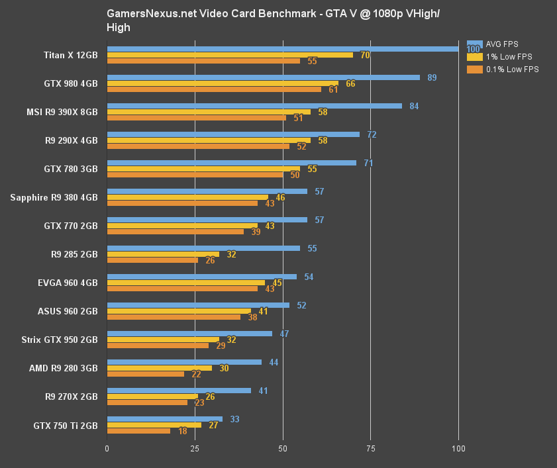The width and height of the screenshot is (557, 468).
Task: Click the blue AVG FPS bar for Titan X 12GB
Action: click(x=283, y=48)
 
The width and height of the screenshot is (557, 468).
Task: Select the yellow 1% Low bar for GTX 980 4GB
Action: click(x=223, y=83)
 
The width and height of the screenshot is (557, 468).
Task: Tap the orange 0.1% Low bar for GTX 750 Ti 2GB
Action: click(x=138, y=431)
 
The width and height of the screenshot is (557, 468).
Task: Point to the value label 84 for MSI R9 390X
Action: click(x=414, y=106)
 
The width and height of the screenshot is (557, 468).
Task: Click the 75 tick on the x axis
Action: click(x=370, y=448)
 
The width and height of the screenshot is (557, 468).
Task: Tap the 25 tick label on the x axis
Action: click(x=195, y=448)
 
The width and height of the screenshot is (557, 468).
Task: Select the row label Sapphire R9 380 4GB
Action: click(x=54, y=197)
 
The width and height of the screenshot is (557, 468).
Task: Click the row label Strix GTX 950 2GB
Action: click(x=60, y=340)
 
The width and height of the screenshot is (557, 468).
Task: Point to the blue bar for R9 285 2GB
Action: click(x=203, y=248)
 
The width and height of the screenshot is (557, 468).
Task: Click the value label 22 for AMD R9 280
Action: click(x=197, y=374)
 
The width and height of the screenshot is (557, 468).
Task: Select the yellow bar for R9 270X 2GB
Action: click(x=152, y=397)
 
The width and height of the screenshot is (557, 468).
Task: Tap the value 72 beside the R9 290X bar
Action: click(x=372, y=134)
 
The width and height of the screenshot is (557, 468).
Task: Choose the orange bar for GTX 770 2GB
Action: click(x=175, y=232)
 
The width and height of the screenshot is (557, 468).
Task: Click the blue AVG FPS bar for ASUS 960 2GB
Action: click(x=198, y=305)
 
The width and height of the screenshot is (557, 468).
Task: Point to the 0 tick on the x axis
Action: click(x=107, y=448)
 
